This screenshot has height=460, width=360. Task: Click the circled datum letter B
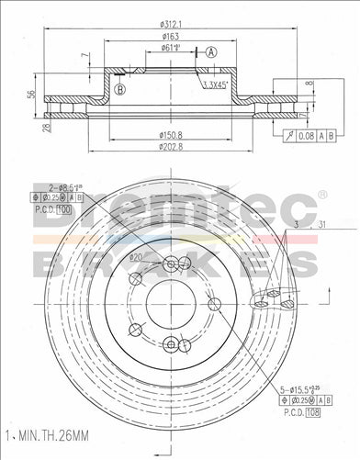coord(119,89)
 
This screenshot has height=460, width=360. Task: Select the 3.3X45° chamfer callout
coord(215,85)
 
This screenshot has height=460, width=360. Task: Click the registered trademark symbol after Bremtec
coord(321,196)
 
